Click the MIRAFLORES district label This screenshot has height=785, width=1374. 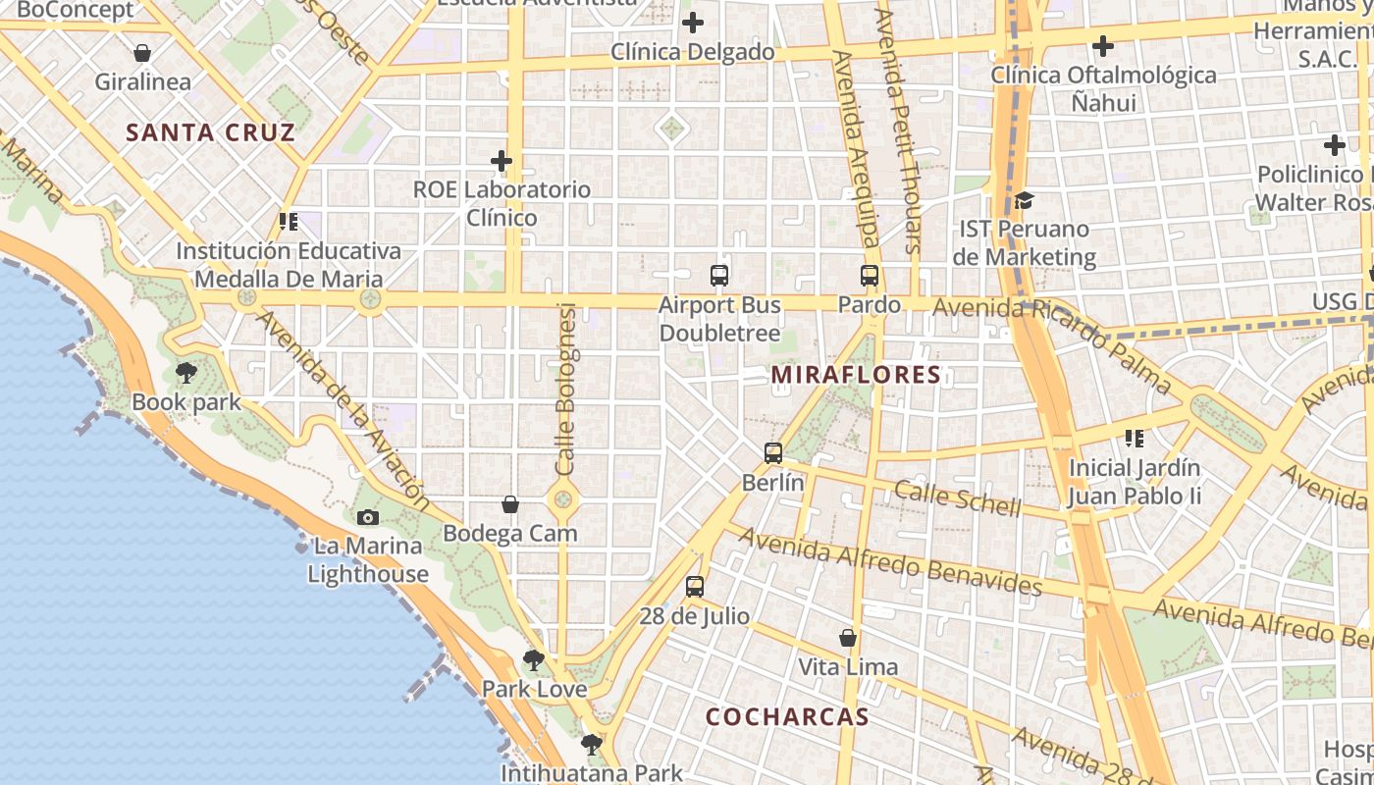(856, 375)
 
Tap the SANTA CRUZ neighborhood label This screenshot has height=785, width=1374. (211, 132)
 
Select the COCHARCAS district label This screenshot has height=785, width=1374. (787, 716)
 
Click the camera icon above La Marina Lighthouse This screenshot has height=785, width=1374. (368, 517)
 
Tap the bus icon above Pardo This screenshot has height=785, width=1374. (870, 276)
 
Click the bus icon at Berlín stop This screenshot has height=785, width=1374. (773, 453)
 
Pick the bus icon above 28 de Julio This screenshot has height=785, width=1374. (695, 587)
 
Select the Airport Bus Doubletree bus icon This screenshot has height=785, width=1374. (719, 276)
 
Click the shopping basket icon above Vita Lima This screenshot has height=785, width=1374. (848, 638)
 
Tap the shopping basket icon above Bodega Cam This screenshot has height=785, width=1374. (510, 504)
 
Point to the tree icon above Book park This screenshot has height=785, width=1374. (186, 373)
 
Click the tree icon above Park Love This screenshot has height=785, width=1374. (534, 660)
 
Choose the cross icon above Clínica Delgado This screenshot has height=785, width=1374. (693, 23)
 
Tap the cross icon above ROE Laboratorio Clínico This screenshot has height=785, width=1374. (502, 160)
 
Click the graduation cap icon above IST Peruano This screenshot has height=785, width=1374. (1025, 200)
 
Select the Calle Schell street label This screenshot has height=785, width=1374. (958, 497)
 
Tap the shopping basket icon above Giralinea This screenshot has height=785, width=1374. (142, 52)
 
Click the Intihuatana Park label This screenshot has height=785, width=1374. (591, 773)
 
